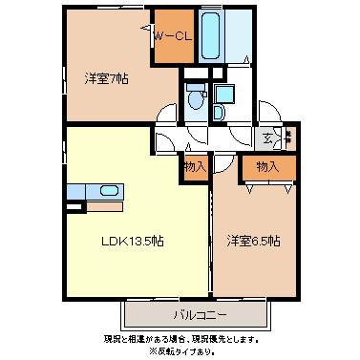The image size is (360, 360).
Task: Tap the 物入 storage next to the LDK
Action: point(195,167)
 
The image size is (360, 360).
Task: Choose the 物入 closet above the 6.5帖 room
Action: point(267,167)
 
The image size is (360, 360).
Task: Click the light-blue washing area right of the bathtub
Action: point(241,36)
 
